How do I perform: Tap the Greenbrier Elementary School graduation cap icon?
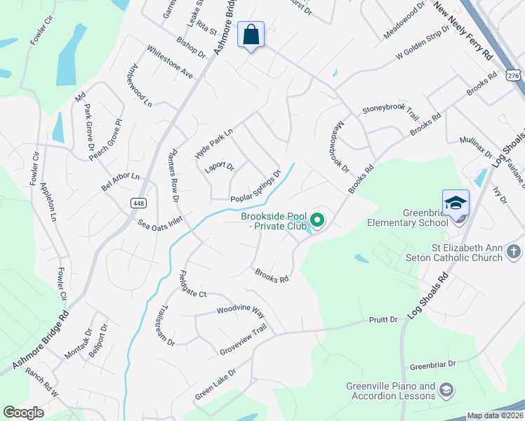[456, 203]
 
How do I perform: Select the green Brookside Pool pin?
[317, 222]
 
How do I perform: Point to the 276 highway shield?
[515, 74]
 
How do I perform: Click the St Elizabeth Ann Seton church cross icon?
[514, 251]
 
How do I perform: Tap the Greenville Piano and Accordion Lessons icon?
[446, 391]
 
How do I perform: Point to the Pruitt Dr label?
[383, 320]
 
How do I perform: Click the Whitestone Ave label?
[169, 62]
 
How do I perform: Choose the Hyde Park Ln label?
[213, 140]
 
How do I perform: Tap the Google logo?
[24, 412]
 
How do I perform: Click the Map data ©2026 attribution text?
[494, 415]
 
